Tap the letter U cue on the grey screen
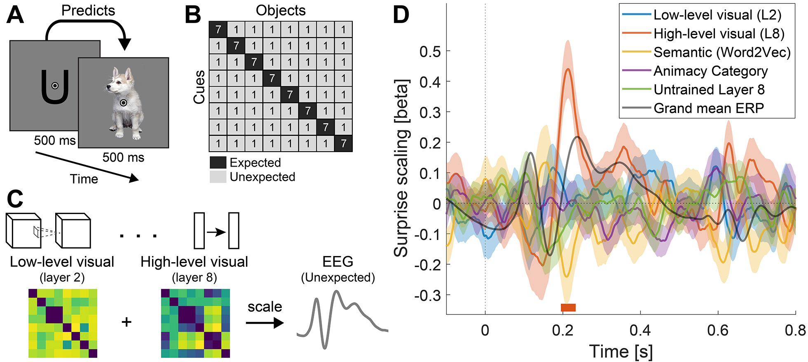[x=54, y=87]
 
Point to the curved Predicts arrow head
[x=124, y=44]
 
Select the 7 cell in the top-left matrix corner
[x=218, y=30]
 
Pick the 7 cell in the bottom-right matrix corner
[x=343, y=143]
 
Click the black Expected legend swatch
[x=218, y=162]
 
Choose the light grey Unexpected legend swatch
[x=218, y=177]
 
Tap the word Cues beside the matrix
[x=199, y=87]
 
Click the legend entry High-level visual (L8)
[x=719, y=33]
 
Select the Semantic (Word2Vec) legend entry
[x=722, y=52]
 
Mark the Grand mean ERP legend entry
[x=709, y=108]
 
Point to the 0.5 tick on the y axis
[x=430, y=52]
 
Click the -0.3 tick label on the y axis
[x=427, y=295]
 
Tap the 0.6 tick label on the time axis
[x=718, y=330]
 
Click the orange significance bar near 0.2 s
[x=568, y=308]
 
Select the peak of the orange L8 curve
[x=568, y=69]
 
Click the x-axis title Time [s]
[x=621, y=351]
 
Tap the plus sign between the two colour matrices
[x=126, y=322]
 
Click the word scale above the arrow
[x=265, y=307]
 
